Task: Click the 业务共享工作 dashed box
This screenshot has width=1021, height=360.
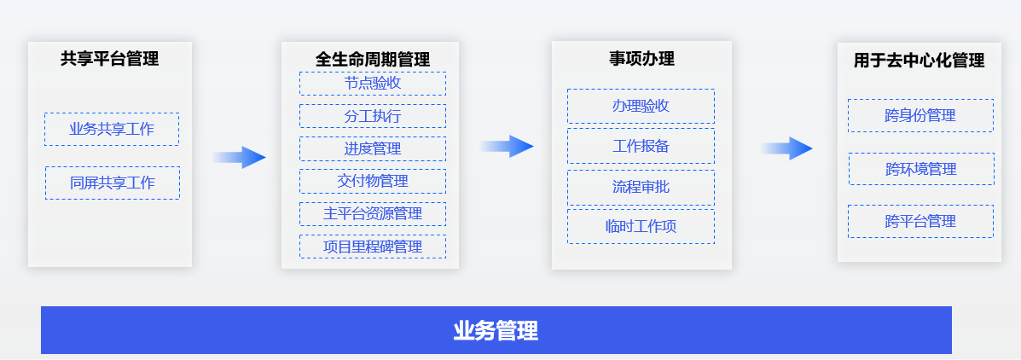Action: point(112,129)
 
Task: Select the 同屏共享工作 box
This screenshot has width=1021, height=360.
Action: point(112,183)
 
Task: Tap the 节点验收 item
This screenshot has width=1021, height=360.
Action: point(373,84)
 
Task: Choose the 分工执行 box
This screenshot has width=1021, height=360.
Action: point(373,116)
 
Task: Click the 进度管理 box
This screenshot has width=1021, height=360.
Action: point(373,148)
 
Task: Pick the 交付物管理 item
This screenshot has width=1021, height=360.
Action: point(373,181)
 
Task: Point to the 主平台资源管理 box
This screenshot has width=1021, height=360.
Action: point(373,213)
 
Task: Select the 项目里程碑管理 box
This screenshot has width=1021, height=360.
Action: point(373,247)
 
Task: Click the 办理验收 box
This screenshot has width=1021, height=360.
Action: point(641,106)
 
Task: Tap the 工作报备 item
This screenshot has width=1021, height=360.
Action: point(641,146)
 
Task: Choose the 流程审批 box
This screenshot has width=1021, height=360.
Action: point(641,188)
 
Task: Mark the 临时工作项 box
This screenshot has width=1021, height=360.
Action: point(641,227)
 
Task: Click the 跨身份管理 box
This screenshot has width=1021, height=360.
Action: point(920,116)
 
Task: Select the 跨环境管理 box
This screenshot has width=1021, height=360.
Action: point(921,169)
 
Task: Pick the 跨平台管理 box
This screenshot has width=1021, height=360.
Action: point(920,221)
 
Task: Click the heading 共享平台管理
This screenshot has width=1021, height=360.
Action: point(110,59)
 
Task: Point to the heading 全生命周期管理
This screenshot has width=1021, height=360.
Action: point(373,60)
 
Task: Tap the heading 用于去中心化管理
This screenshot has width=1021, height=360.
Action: point(919,61)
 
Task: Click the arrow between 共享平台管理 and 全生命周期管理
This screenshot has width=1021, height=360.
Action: point(239,157)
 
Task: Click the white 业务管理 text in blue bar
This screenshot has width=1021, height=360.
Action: point(496,331)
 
